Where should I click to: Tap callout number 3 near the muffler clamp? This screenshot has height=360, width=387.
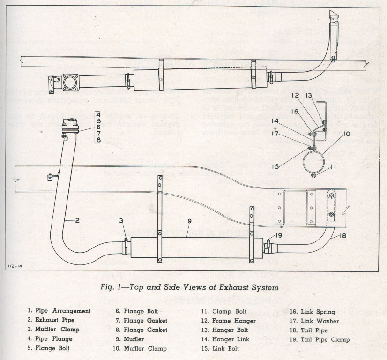click(120, 220)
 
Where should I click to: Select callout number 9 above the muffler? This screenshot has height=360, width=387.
click(189, 221)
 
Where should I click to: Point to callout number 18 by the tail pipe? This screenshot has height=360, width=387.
click(343, 236)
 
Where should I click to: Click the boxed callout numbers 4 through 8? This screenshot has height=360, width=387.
click(98, 127)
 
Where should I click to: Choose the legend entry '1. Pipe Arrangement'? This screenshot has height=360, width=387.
click(59, 311)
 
